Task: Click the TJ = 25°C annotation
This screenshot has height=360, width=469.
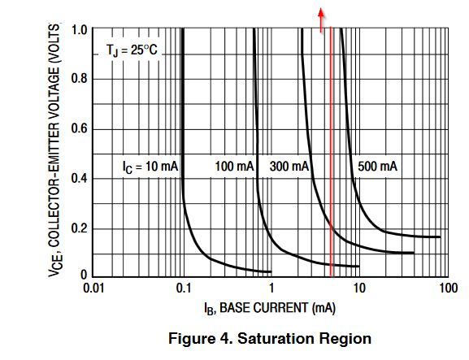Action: pyautogui.click(x=132, y=50)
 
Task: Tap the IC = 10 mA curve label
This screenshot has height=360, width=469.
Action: pyautogui.click(x=150, y=167)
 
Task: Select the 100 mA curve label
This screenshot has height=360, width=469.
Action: pyautogui.click(x=234, y=167)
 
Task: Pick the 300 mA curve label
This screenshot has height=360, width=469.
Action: pyautogui.click(x=289, y=167)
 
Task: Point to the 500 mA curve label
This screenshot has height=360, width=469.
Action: pyautogui.click(x=377, y=167)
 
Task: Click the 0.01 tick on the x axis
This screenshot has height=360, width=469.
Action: pyautogui.click(x=95, y=288)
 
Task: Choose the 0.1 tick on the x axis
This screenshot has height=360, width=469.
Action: pyautogui.click(x=184, y=288)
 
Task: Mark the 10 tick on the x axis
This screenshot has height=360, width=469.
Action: pyautogui.click(x=358, y=288)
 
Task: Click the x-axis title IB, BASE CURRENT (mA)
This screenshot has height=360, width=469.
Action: pyautogui.click(x=270, y=309)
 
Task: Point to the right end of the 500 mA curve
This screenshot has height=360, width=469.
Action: pyautogui.click(x=440, y=237)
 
